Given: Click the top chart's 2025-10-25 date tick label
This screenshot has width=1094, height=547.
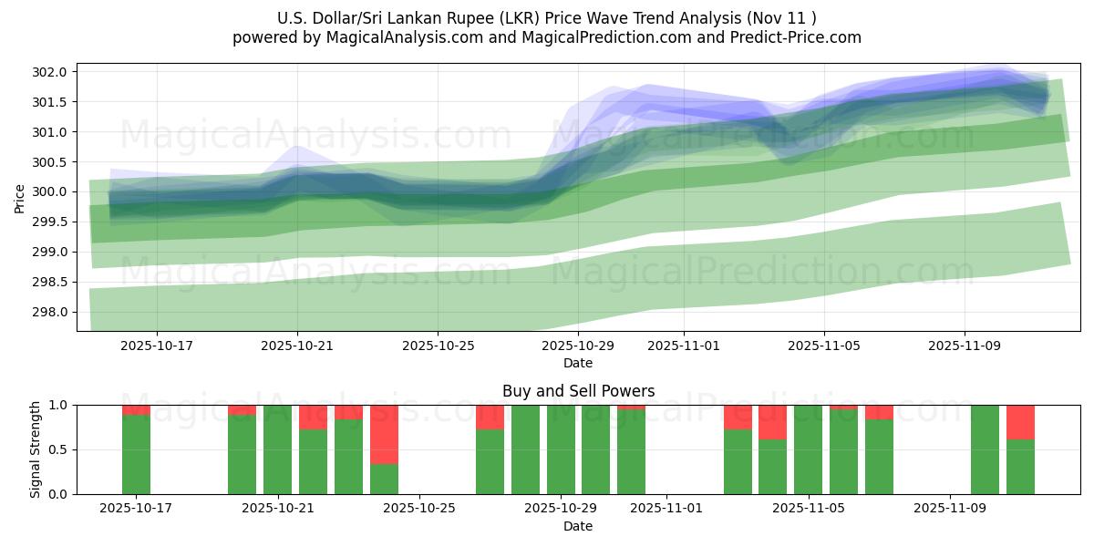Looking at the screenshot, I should coord(438,346).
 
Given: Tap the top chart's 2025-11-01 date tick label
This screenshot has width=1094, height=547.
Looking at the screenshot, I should coord(684,346).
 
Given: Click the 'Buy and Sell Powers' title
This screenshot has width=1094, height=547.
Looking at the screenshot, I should coord(578,391).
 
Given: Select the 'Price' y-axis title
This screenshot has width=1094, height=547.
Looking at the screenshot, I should coord(20,197).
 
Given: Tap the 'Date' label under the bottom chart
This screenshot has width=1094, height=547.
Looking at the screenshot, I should coord(578,526).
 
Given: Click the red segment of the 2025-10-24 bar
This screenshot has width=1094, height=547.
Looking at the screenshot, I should coord(384,434).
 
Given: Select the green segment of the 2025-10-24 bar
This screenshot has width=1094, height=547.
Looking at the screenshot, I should coord(384,479).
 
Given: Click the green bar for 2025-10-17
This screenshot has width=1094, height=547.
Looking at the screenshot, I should coord(136,454).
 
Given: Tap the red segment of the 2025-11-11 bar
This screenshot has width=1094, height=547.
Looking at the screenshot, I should coord(1020,422).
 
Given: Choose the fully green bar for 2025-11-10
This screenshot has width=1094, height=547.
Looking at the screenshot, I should coord(985,449).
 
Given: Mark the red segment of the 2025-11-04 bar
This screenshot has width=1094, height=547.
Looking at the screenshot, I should coord(772,422).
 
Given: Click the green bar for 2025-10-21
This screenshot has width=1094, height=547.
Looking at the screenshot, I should coord(278,449).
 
